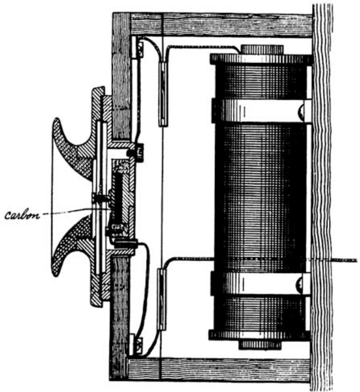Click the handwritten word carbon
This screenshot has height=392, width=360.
click(x=22, y=214)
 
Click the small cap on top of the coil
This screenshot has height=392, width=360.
click(x=261, y=50)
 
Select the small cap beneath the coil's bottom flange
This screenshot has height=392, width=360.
click(x=261, y=343)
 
